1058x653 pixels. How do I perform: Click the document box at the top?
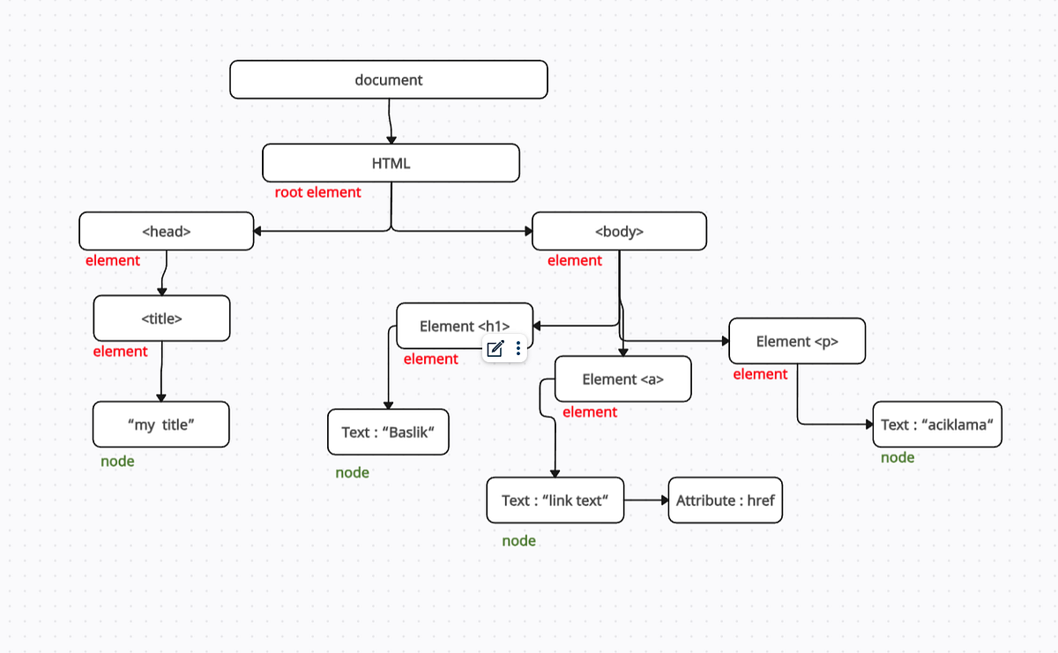coord(388,79)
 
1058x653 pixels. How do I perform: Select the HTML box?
coord(391,163)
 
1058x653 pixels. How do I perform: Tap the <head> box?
coord(166,232)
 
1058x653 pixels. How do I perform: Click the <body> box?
coord(619,232)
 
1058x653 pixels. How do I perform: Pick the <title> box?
coord(161,318)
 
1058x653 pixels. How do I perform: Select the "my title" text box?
coord(160,425)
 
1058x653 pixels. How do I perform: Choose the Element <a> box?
coord(622,379)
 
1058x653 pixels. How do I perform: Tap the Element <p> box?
coord(796,341)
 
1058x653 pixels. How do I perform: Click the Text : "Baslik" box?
coord(388,432)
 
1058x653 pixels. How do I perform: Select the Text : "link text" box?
coord(555,501)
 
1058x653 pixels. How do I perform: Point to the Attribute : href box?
coord(725,501)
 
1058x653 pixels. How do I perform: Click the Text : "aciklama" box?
coord(937,425)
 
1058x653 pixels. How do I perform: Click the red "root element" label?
coord(317,192)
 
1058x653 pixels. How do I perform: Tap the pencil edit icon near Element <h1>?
coord(495,349)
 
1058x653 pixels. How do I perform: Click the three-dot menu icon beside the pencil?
coord(518,349)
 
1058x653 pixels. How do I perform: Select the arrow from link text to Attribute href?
coord(646,501)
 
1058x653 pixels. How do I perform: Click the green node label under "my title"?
coord(117,461)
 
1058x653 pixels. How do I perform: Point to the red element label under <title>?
coord(121,352)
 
